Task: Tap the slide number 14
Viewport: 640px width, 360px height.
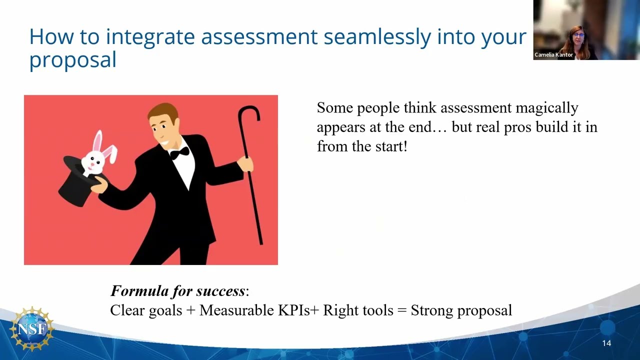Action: pos(606,343)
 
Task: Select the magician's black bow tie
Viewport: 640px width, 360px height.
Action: pos(179,152)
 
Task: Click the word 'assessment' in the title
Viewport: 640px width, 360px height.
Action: pos(259,37)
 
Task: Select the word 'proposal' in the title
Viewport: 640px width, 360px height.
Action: pos(72,60)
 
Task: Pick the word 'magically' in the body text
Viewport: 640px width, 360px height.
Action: pos(546,108)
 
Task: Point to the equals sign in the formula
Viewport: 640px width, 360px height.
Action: pos(402,310)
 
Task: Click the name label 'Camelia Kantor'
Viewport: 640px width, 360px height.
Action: pos(553,55)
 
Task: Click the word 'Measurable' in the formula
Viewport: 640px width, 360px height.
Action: pos(236,310)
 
